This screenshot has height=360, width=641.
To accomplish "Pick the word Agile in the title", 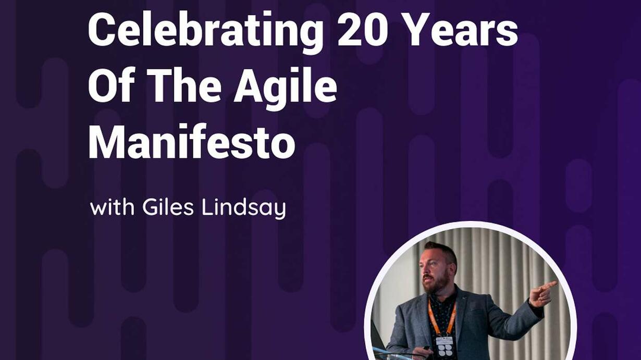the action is [285, 88].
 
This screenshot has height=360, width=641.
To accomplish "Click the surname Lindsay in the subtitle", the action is [244, 209].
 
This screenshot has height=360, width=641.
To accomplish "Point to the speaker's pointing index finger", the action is [549, 285].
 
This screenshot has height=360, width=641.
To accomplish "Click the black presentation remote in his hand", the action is [427, 348].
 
